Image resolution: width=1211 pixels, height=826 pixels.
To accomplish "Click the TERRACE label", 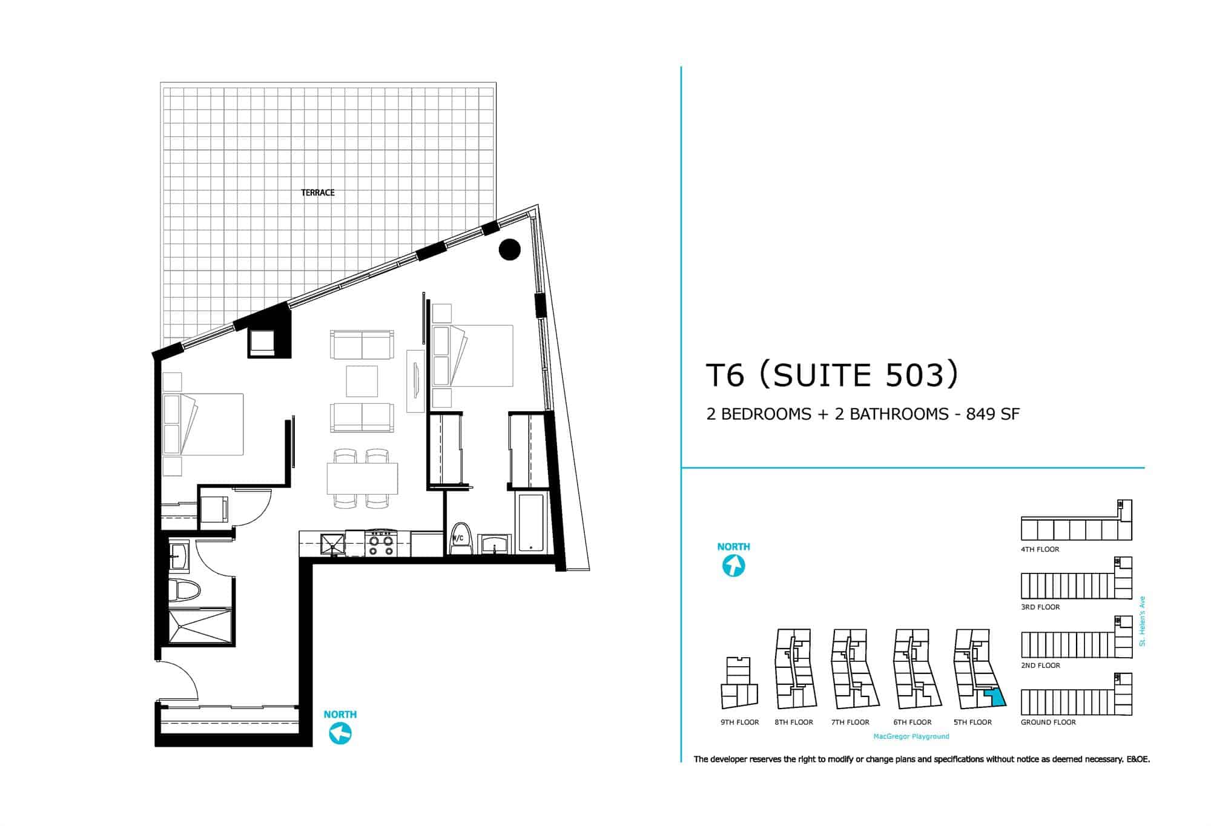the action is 318,193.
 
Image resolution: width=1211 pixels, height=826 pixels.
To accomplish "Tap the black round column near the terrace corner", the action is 510,249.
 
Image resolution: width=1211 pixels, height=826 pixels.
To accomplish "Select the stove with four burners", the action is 380,543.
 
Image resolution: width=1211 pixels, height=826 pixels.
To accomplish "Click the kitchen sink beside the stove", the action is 332,543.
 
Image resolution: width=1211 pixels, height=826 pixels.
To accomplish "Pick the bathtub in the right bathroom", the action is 532,523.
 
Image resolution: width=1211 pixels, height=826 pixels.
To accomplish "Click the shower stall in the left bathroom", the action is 200,627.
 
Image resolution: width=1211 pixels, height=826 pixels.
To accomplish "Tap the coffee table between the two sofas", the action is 362,381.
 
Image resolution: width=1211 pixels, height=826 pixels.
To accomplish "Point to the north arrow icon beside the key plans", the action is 733,566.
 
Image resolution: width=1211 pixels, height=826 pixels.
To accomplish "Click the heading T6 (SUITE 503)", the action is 832,375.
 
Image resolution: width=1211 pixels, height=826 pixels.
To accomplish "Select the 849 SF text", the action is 993,414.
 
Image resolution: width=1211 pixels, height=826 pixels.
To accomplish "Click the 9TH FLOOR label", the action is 739,722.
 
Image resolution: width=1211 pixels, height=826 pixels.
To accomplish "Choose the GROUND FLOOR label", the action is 1048,722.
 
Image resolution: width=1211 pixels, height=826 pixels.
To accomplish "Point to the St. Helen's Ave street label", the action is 1142,621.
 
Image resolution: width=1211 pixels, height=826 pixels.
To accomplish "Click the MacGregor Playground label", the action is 911,736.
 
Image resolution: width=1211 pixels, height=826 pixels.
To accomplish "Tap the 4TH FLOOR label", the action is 1040,550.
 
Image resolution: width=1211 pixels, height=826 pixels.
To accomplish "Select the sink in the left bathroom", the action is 180,556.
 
